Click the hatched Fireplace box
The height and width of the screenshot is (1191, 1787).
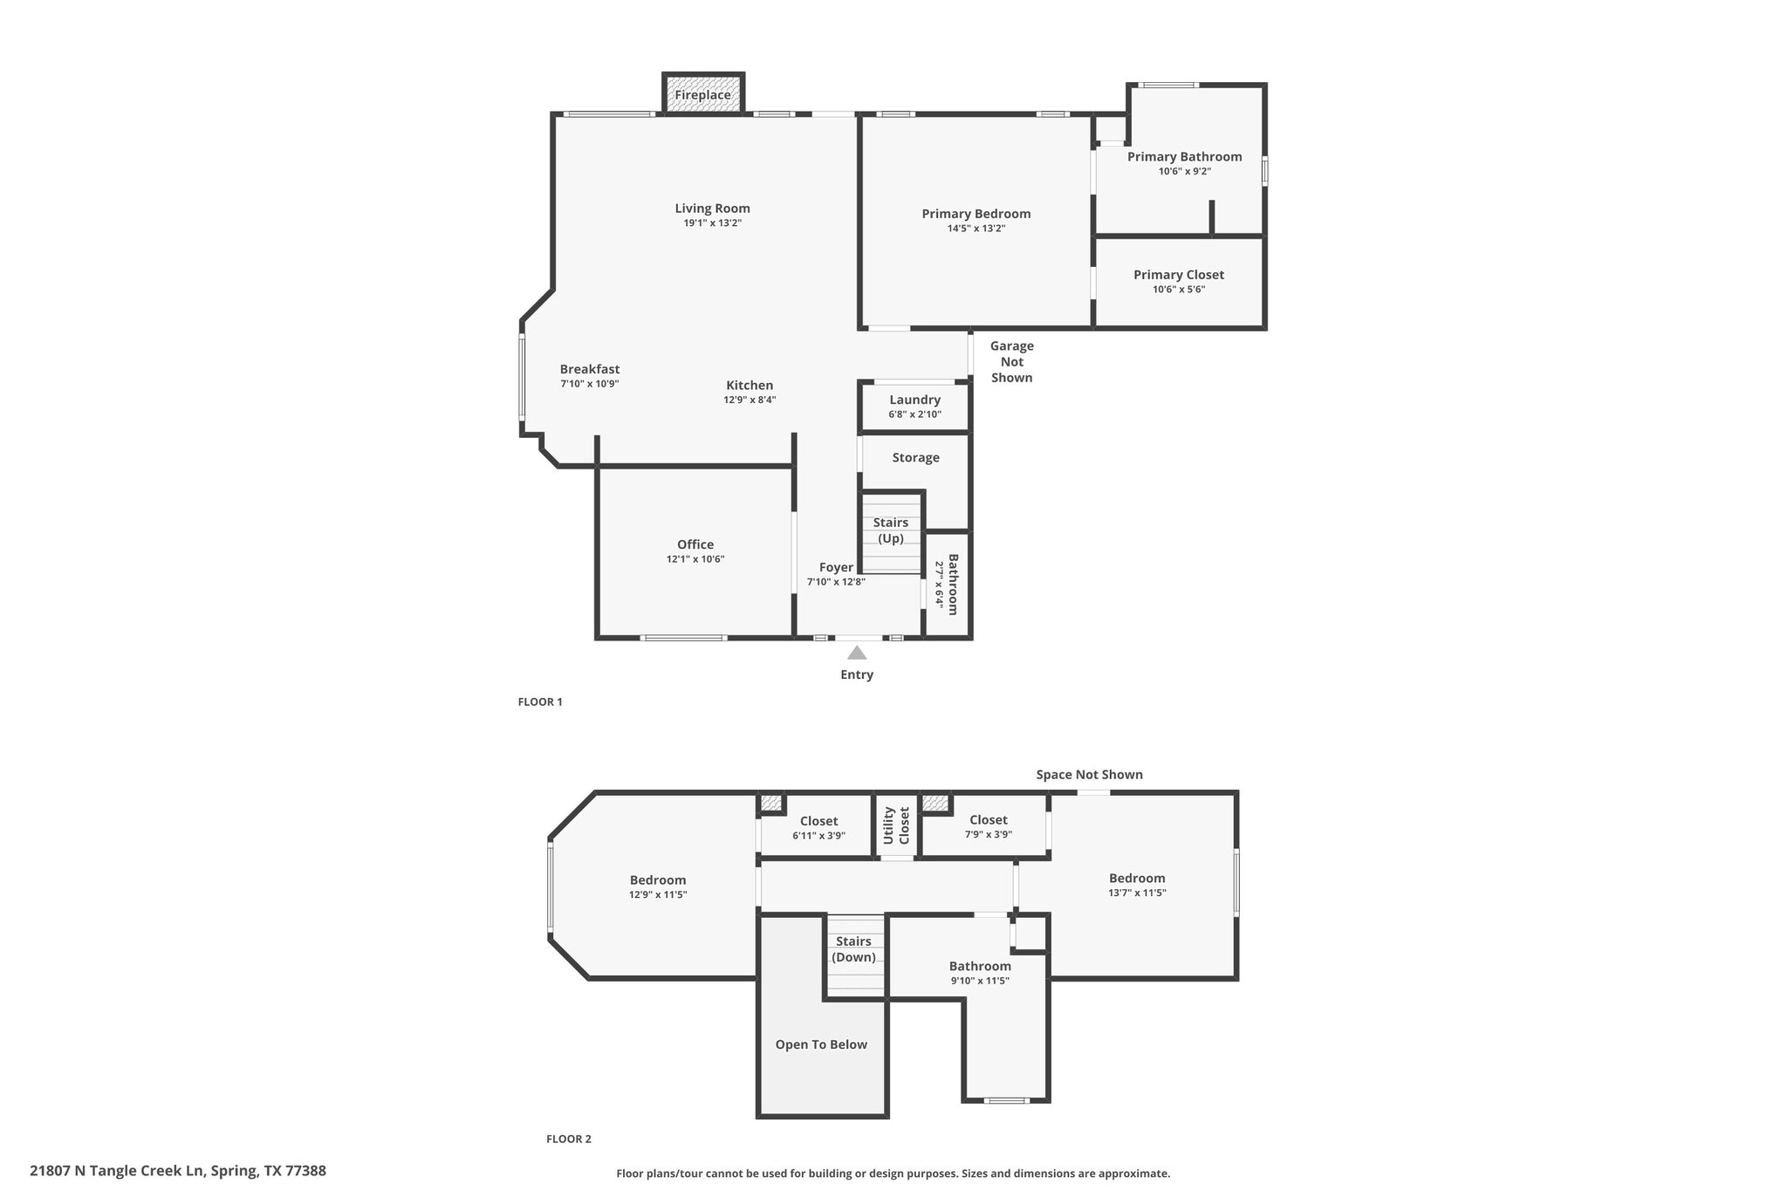(x=703, y=93)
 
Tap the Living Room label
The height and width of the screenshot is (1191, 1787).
(x=712, y=209)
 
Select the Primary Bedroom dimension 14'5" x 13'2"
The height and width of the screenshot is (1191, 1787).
(x=976, y=229)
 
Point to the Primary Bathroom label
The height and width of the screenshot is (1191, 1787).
(x=1184, y=157)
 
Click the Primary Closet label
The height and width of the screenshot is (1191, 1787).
(x=1179, y=275)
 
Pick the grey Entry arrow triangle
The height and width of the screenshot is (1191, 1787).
(x=857, y=653)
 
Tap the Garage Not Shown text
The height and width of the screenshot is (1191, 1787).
(x=1011, y=362)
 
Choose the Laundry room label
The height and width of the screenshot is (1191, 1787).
(x=914, y=400)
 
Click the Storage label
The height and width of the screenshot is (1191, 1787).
(x=915, y=457)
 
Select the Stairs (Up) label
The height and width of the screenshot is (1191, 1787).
(x=891, y=530)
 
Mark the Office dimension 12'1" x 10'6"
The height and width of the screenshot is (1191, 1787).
(x=695, y=559)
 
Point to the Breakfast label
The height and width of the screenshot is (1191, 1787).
(x=590, y=369)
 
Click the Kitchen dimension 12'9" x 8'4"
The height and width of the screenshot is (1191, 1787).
(x=750, y=400)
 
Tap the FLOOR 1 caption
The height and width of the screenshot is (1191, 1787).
(x=540, y=702)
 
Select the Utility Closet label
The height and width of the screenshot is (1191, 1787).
(x=896, y=825)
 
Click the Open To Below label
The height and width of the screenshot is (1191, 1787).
(x=821, y=1044)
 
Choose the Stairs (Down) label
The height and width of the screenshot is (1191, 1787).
(x=853, y=949)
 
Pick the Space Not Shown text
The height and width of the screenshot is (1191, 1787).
(x=1089, y=775)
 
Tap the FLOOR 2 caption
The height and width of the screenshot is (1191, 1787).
(x=569, y=1139)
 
